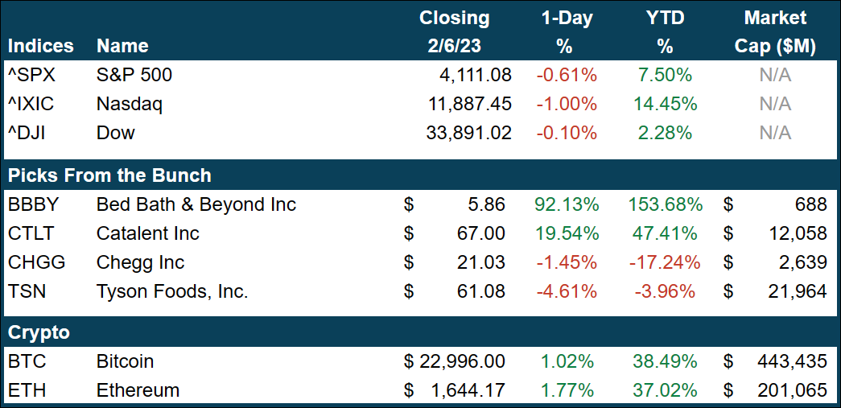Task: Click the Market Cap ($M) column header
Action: pyautogui.click(x=775, y=32)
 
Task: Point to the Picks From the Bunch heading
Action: pyautogui.click(x=109, y=175)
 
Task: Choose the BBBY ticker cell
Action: pyautogui.click(x=34, y=204)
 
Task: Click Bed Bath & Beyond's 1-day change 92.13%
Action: pyautogui.click(x=567, y=204)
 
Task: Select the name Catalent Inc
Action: pyautogui.click(x=147, y=233)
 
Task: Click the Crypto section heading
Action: pyautogui.click(x=39, y=332)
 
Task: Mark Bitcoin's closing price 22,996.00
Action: pyautogui.click(x=463, y=362)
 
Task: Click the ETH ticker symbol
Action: pyautogui.click(x=27, y=391)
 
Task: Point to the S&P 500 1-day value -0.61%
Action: pyautogui.click(x=567, y=76)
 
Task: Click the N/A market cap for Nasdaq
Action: pyautogui.click(x=775, y=104)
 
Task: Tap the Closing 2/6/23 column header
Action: pyautogui.click(x=455, y=32)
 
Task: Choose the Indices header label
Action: pyautogui.click(x=40, y=46)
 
